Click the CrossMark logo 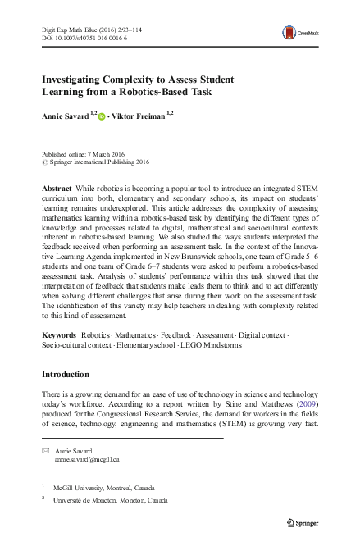pos(296,33)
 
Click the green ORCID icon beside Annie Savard pos(102,116)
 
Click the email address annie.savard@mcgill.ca pos(88,462)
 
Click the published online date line pos(84,154)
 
